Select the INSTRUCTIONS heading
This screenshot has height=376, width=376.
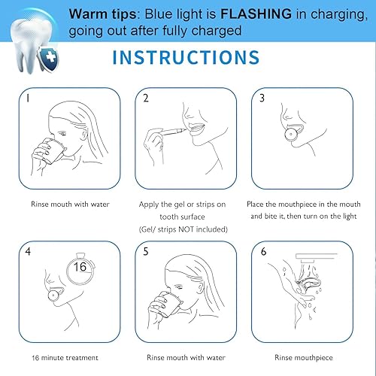pos(187,59)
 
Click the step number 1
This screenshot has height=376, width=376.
pos(26,97)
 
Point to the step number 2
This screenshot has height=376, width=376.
pos(147,98)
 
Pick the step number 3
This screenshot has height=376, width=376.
pos(262,97)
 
